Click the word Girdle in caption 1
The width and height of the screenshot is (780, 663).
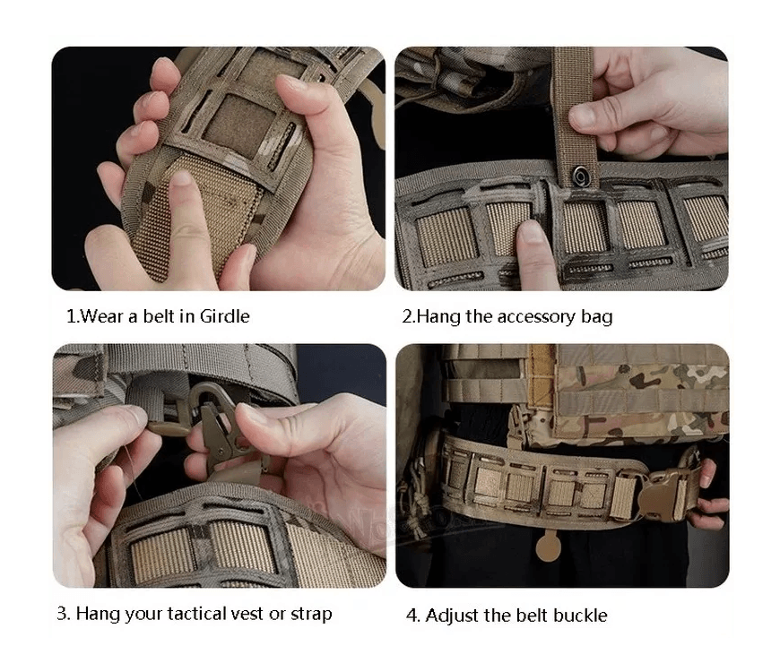coord(224,316)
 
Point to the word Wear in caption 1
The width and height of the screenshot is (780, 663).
coord(101,316)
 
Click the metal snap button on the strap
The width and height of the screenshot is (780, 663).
coord(581,176)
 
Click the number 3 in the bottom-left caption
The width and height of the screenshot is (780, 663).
coord(62,614)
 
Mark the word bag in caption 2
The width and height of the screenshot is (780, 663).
coord(597,317)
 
